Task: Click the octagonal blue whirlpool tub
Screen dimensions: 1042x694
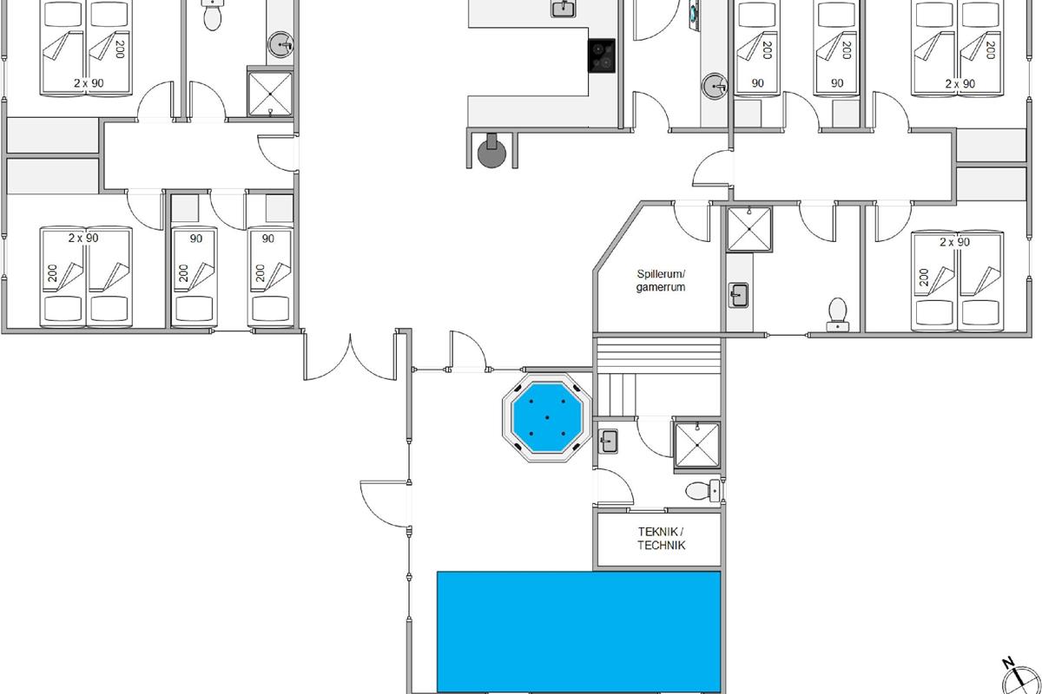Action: (546, 417)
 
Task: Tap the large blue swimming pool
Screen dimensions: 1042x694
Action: (578, 632)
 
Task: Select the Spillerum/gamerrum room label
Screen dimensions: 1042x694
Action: (661, 281)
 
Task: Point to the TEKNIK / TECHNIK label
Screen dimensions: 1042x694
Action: (661, 538)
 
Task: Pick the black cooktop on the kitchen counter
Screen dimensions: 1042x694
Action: (602, 56)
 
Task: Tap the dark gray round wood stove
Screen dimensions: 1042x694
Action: (491, 152)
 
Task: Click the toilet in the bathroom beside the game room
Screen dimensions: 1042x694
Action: (838, 315)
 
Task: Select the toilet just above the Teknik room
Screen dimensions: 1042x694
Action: (702, 490)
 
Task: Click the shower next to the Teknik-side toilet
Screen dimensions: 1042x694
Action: (696, 445)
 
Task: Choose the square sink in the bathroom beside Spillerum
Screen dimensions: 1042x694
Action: (738, 295)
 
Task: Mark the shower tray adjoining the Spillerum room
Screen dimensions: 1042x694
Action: (749, 230)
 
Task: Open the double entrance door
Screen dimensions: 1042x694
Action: (350, 356)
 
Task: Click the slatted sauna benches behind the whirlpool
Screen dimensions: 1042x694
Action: (658, 376)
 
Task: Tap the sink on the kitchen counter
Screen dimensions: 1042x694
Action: (563, 8)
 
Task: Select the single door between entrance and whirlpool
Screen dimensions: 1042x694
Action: (468, 351)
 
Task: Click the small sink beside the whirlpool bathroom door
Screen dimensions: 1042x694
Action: (608, 442)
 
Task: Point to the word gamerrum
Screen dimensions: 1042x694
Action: (661, 287)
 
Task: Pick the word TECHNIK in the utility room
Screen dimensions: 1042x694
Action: (662, 545)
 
